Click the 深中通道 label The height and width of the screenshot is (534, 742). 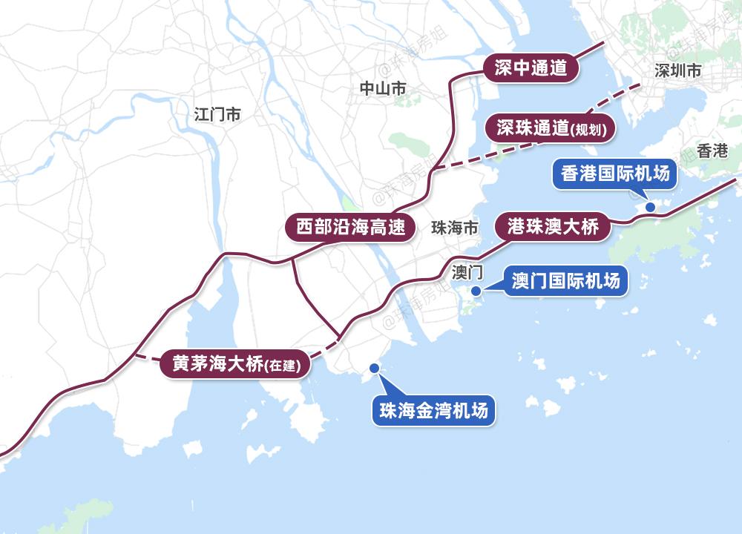(531, 68)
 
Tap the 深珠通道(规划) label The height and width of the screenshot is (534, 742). (550, 128)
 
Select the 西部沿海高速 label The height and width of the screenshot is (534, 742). (349, 228)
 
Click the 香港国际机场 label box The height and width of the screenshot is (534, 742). (615, 174)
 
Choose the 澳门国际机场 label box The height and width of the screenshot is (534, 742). (565, 281)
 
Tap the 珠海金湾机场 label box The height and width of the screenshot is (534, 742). (433, 409)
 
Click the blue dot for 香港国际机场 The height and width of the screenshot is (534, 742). (649, 207)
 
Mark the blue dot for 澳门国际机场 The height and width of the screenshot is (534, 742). (476, 290)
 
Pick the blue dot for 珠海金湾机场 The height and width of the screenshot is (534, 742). (375, 368)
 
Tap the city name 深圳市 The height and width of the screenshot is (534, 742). (678, 71)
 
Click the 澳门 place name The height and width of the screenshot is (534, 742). (467, 273)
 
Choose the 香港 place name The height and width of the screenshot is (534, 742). (713, 151)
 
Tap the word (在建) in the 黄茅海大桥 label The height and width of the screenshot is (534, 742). (283, 366)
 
